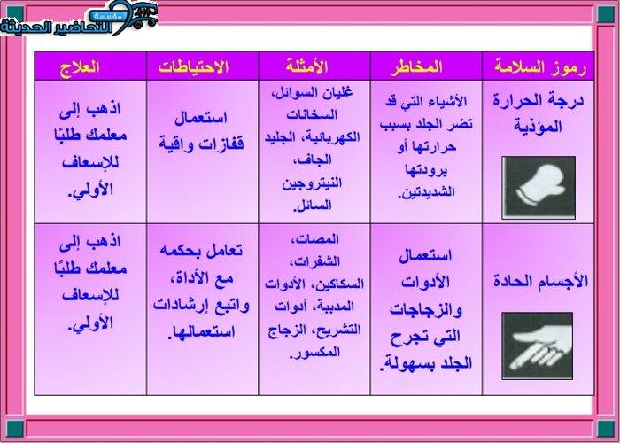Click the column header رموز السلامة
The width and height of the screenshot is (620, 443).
point(539,66)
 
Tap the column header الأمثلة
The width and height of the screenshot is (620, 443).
point(306,66)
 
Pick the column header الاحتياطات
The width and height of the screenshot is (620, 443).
point(193,66)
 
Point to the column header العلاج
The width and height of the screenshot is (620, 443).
point(80,66)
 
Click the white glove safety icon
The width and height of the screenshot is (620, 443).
point(539,188)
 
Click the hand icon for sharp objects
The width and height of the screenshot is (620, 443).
point(538,346)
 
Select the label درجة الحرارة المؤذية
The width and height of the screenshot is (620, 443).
point(539,113)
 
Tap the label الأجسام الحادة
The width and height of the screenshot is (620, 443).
point(540,282)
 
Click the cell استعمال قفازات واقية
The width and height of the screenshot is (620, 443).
point(201,131)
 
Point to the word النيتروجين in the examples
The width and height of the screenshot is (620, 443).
point(312,183)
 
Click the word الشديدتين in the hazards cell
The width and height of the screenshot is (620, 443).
point(426,193)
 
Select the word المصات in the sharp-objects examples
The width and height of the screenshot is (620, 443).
point(314,240)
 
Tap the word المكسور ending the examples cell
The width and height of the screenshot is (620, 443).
point(314,353)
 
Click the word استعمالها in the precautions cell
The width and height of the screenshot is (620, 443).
point(201,332)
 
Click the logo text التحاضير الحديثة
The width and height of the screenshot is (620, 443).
point(56,27)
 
